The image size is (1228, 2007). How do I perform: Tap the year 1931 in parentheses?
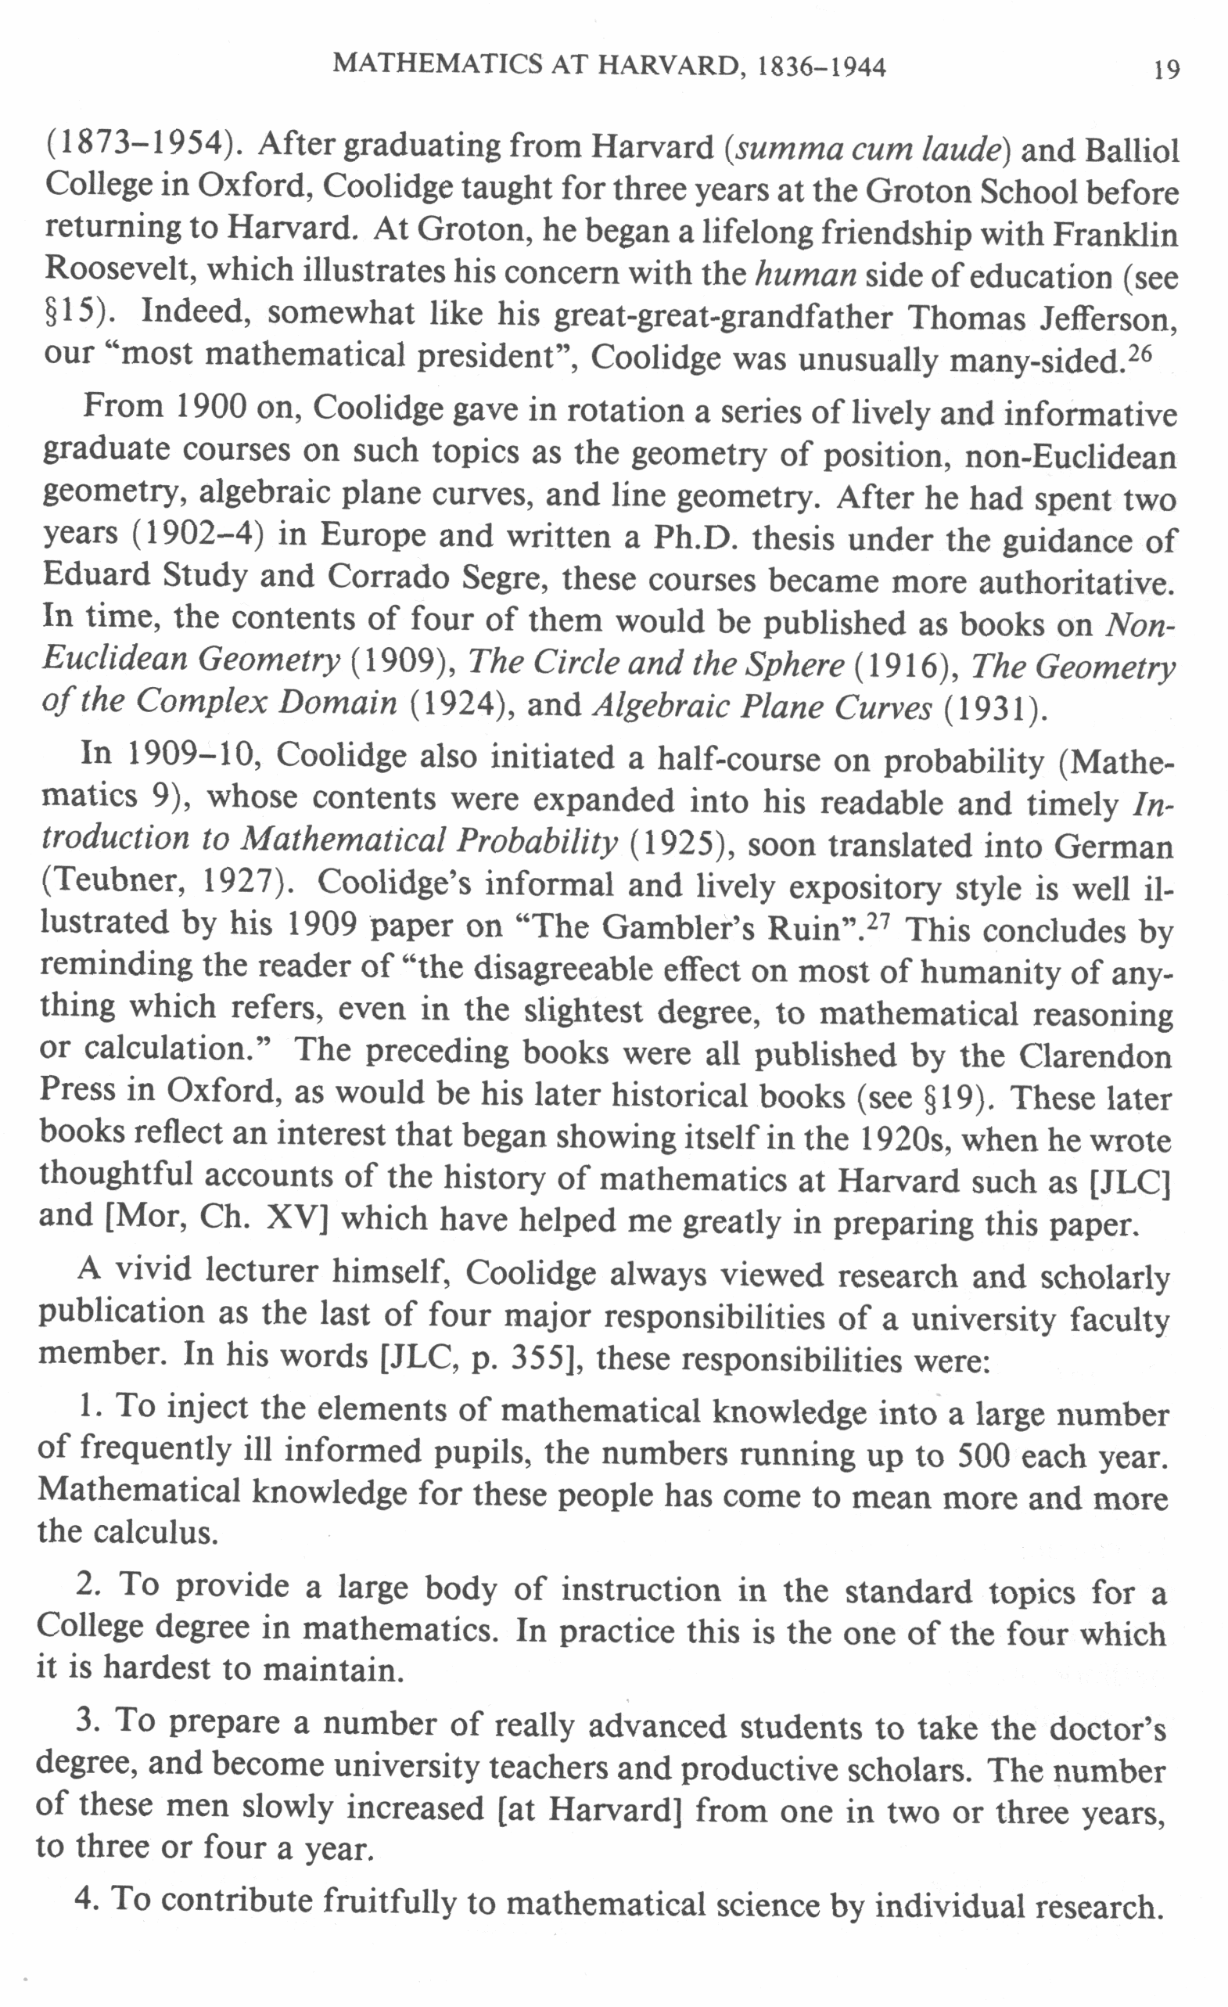click(x=993, y=709)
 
